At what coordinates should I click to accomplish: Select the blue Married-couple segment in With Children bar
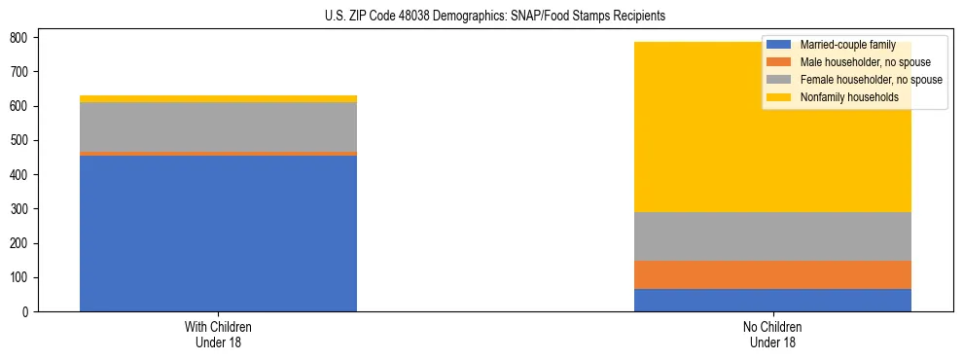tap(218, 234)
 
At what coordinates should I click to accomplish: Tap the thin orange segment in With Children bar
tap(218, 154)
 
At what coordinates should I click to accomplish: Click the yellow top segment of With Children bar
tap(218, 98)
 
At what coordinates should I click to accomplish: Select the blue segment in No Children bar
tap(772, 300)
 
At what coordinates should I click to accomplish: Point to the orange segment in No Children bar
tap(772, 274)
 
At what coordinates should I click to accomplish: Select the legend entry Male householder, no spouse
tap(852, 62)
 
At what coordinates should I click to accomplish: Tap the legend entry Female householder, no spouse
tap(857, 80)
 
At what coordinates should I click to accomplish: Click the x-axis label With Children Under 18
tap(218, 334)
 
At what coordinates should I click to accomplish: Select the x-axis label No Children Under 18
tap(772, 334)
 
